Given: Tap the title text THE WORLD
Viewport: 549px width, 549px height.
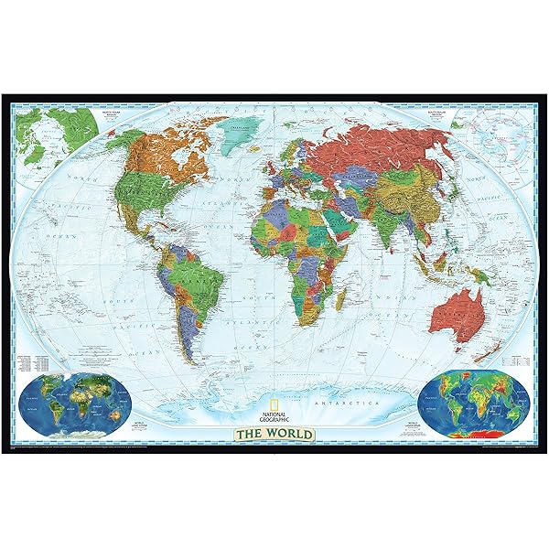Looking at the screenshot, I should click(x=274, y=433).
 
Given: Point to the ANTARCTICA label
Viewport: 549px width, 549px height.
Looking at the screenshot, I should click(x=336, y=400).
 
